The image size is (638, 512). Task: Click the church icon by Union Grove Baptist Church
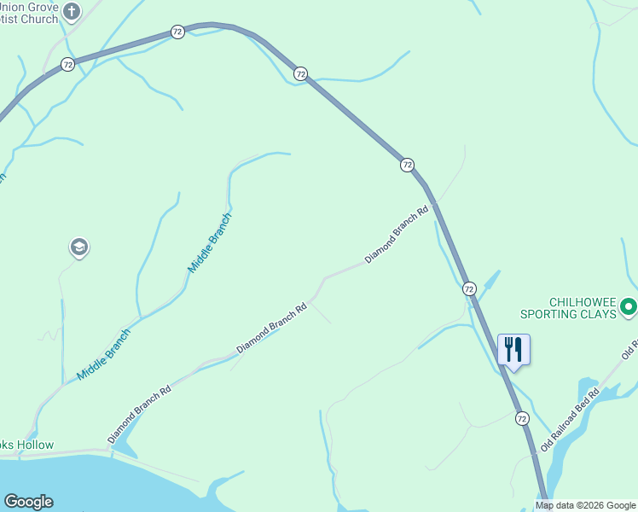[72, 12]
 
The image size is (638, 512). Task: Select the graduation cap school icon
[79, 247]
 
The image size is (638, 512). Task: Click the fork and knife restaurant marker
[513, 349]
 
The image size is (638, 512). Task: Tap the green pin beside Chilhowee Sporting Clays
[629, 305]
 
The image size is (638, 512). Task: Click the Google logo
[28, 502]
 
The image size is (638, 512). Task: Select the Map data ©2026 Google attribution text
[585, 506]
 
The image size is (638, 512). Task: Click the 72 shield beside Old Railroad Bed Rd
[521, 418]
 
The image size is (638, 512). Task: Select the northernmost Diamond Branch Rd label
[397, 233]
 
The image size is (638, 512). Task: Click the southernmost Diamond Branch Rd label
[140, 413]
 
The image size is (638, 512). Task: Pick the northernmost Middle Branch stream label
[210, 242]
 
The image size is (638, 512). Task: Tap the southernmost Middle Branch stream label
[104, 354]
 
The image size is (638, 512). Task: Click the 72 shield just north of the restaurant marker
[469, 289]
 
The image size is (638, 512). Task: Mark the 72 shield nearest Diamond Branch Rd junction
[407, 165]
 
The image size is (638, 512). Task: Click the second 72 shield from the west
[177, 32]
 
